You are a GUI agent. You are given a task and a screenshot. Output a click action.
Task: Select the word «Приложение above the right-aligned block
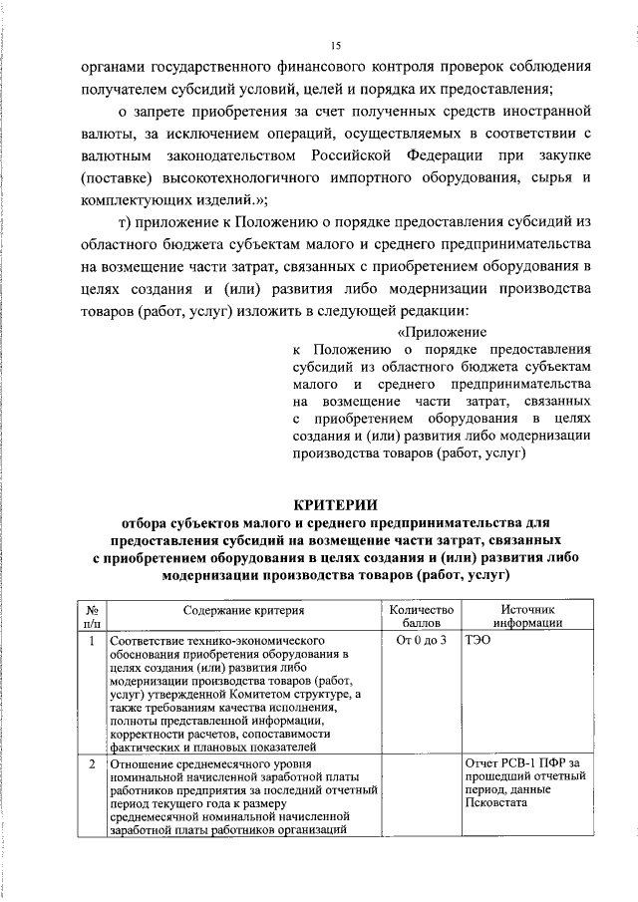click(x=443, y=332)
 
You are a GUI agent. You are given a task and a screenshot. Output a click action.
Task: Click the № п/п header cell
click(x=91, y=617)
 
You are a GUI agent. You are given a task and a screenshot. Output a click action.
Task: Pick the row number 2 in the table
click(x=91, y=764)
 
